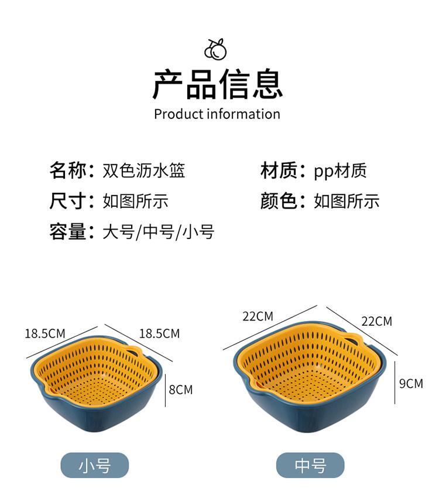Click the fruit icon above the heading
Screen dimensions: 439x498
tap(215, 49)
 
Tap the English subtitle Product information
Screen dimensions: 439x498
tap(217, 114)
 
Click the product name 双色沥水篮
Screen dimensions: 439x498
tap(144, 170)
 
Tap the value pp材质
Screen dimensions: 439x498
tap(340, 170)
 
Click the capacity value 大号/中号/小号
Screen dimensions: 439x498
tap(159, 231)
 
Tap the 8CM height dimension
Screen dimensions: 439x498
tap(180, 389)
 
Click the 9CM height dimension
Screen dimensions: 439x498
tap(410, 384)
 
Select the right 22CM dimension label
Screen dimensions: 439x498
tap(376, 321)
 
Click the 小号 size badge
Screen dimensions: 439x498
tap(95, 466)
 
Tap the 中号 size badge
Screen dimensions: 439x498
tap(310, 466)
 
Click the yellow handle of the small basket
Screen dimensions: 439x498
tap(135, 351)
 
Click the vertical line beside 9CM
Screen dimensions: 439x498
tap(395, 383)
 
